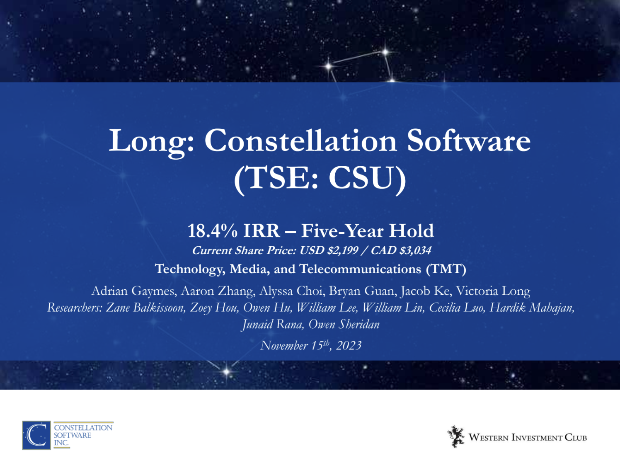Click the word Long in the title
click(147, 141)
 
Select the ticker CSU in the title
click(361, 177)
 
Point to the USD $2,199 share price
click(329, 250)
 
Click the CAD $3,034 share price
click(401, 250)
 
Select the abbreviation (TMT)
click(446, 269)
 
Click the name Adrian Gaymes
click(133, 291)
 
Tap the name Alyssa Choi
click(291, 291)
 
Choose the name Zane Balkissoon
click(145, 308)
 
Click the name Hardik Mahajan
click(532, 308)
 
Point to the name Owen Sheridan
click(344, 324)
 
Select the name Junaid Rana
click(272, 325)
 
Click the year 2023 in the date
click(349, 346)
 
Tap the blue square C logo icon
click(36, 435)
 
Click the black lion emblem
click(455, 436)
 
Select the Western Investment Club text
click(528, 438)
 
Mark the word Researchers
click(74, 308)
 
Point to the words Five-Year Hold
click(367, 230)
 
